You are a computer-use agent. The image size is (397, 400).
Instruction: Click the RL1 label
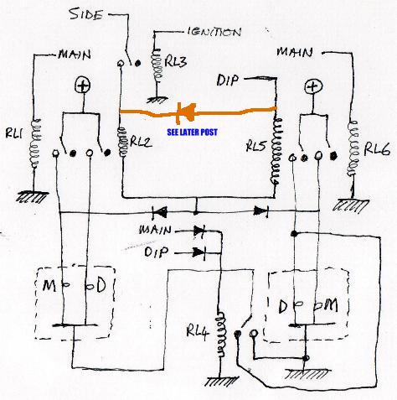tap(14, 133)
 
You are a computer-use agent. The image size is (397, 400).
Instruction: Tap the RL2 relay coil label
tap(141, 142)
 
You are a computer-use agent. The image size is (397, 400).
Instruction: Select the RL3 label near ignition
tap(175, 61)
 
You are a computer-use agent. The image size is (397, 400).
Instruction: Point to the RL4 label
tap(198, 332)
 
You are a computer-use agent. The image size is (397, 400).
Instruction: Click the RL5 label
tap(256, 145)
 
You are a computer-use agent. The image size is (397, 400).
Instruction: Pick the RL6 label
tap(377, 149)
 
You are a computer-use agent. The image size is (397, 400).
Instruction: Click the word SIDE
tap(85, 13)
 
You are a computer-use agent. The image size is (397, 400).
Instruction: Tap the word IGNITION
tap(214, 32)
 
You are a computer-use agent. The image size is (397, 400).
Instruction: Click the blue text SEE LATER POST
tap(192, 132)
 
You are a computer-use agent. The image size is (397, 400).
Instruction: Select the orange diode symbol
tap(186, 112)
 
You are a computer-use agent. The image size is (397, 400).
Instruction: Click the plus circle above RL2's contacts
tap(83, 86)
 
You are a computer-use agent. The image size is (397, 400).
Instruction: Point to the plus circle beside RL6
tap(313, 86)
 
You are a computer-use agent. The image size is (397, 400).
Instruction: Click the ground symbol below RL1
tap(32, 197)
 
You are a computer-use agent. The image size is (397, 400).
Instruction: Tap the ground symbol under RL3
tap(157, 100)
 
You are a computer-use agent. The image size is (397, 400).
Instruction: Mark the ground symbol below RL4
tap(222, 382)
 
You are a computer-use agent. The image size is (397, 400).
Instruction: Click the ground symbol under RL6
tap(351, 205)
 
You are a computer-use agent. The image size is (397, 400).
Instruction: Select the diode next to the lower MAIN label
tap(199, 231)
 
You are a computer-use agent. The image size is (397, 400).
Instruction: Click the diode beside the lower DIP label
tap(199, 253)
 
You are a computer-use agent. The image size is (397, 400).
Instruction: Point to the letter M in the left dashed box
tap(49, 286)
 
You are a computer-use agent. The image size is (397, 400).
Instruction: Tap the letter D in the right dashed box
tap(283, 306)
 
